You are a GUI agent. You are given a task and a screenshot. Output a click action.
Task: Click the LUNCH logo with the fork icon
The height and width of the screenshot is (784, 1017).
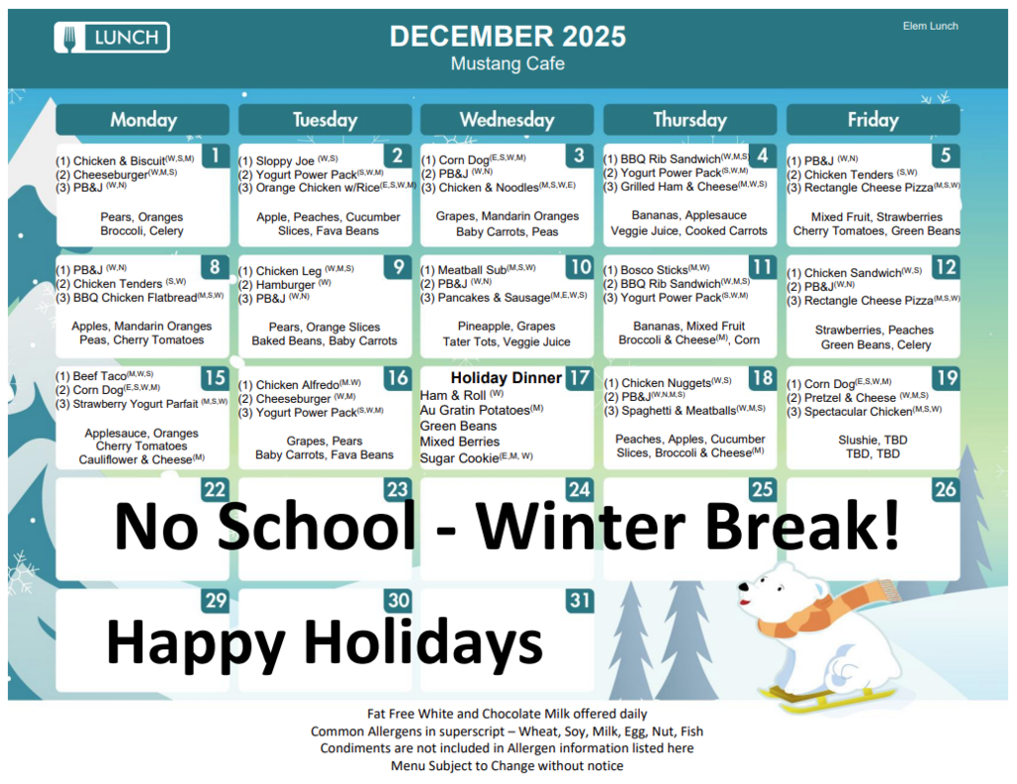click(111, 38)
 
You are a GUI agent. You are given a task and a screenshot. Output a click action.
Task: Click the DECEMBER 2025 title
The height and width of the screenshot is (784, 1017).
click(508, 37)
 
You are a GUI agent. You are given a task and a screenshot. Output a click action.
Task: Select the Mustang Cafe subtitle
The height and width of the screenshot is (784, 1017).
click(508, 65)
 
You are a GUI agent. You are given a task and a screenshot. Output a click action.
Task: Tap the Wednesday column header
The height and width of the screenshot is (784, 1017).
click(507, 120)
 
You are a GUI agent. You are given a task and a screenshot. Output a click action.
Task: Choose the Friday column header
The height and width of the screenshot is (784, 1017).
click(872, 120)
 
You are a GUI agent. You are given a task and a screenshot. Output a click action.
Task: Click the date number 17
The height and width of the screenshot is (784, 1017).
click(579, 378)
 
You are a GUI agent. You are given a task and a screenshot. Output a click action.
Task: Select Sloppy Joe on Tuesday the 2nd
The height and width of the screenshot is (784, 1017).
click(285, 161)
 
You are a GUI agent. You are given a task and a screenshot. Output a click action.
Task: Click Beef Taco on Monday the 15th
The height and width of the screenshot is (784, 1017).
click(97, 377)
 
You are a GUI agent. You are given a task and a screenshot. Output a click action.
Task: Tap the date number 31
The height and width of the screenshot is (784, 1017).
click(579, 600)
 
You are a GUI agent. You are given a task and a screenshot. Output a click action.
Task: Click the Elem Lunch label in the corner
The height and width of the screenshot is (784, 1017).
click(930, 26)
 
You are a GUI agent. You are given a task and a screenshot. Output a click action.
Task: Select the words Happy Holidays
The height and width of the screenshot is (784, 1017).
click(324, 642)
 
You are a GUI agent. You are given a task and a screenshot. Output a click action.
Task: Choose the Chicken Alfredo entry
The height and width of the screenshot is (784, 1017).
click(296, 385)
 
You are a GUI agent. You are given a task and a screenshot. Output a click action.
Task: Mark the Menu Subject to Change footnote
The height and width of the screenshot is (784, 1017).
click(507, 766)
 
